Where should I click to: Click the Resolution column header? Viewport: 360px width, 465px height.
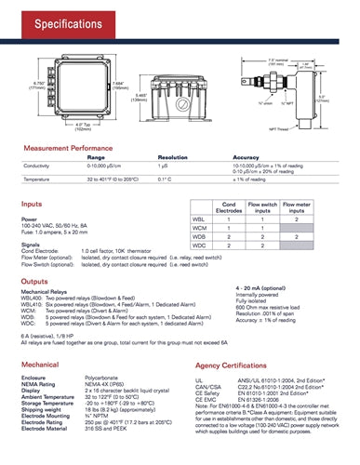[x=172, y=160]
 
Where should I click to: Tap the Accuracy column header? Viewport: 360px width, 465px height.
[x=245, y=160]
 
